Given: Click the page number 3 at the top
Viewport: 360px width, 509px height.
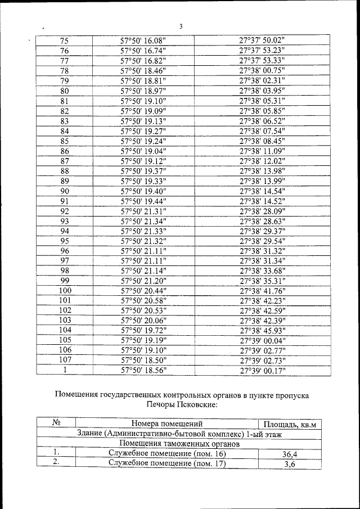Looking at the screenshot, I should coord(181,26).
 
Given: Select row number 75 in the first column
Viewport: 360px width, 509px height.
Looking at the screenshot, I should coord(64,41).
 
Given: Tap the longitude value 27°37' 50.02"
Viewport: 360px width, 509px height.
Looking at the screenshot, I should coord(262,41).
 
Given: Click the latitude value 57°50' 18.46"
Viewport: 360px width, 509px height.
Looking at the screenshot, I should coord(143,70).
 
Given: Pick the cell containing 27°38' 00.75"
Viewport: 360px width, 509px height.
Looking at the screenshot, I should coord(262,70).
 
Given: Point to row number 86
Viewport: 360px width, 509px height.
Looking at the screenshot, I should coord(64,151).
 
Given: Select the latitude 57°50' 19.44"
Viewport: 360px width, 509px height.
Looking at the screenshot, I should coord(143,201).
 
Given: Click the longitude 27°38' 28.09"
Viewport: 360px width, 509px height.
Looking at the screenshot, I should coord(262,211).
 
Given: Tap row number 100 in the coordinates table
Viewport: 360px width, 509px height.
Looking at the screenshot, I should coord(64,290).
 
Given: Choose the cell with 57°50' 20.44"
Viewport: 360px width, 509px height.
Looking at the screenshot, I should coord(143,290).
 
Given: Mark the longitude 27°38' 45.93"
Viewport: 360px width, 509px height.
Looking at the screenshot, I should coord(262,330).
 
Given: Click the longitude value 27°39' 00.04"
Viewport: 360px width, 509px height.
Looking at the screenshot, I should coord(262,340).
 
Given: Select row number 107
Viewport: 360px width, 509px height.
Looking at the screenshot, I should coord(64,360).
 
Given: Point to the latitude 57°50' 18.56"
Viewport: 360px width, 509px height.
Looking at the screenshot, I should coord(143,370).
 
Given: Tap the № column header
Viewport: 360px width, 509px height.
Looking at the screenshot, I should coord(56,423).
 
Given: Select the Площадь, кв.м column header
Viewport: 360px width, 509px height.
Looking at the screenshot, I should coord(290,424).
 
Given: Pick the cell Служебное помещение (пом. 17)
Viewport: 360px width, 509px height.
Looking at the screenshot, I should coord(166,464).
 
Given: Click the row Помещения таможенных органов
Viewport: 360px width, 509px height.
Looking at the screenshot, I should coord(179,444).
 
